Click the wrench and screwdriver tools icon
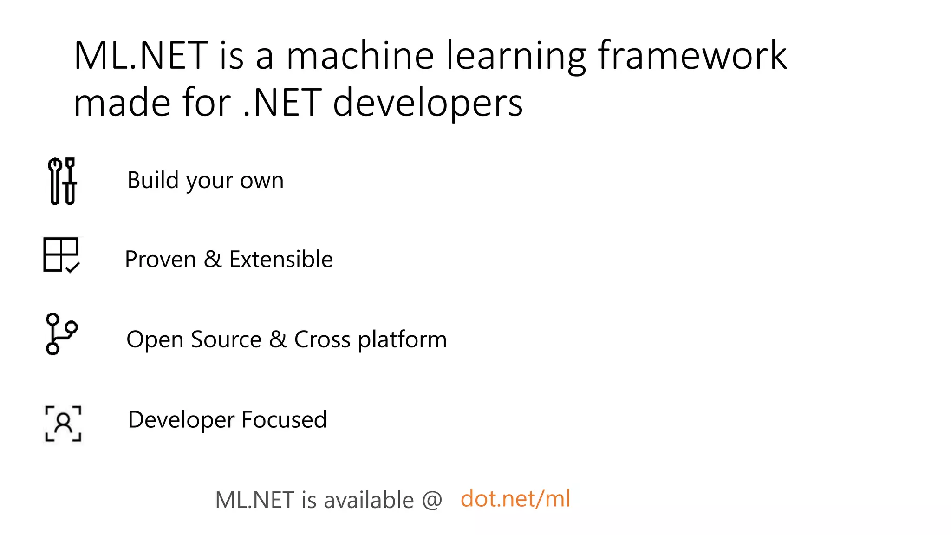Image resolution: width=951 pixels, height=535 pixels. coord(62,181)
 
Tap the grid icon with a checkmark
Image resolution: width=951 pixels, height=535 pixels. coord(61,255)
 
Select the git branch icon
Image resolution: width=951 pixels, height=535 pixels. coord(61,334)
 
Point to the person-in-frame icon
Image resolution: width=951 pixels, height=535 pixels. coord(63,424)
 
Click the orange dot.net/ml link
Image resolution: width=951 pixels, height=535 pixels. coord(515,499)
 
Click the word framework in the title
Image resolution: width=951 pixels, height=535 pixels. coord(692,56)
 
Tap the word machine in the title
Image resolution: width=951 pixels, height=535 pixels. coord(360,56)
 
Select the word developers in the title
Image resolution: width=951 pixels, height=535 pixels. coord(428,103)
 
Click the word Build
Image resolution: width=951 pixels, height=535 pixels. coord(153,180)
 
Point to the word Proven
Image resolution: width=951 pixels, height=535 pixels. coord(160,259)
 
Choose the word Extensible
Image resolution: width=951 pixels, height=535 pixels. coord(281,259)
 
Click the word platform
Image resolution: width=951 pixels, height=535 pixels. coord(402,340)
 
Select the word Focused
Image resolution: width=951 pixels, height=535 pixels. coord(284,419)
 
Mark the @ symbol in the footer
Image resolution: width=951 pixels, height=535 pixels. coord(432,500)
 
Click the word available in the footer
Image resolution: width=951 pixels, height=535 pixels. coord(368,500)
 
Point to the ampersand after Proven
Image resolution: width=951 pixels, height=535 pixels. coord(212,259)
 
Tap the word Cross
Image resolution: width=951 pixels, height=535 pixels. coord(322,339)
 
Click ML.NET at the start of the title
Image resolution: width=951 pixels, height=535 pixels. coord(141,56)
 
